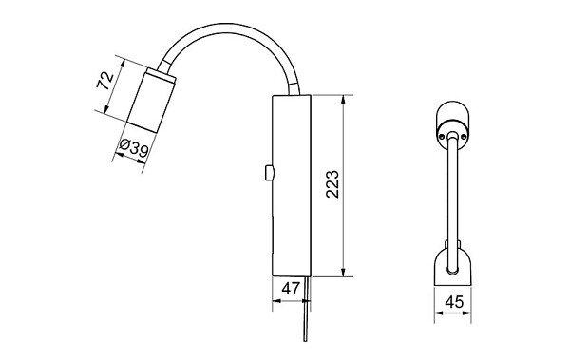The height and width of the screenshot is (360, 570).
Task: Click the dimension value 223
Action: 332,184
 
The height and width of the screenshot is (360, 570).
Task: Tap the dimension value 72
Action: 105,81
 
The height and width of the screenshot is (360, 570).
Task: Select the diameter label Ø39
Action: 134,147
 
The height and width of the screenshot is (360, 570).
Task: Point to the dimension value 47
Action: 291,289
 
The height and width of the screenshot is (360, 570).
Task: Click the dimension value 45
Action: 454,302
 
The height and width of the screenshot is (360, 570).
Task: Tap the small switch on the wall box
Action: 269,173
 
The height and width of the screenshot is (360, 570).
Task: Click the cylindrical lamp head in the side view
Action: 149,103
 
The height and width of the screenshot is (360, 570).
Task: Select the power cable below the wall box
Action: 307,309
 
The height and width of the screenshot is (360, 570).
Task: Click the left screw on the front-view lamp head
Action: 442,137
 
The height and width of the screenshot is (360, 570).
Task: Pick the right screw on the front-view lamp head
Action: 464,137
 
